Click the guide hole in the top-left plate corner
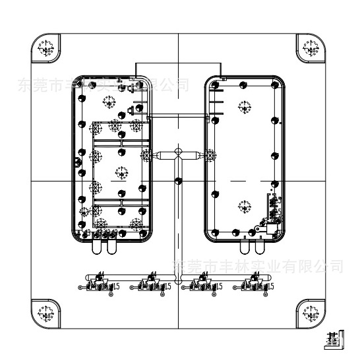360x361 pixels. tap(47, 48)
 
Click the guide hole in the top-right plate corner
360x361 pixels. tap(310, 48)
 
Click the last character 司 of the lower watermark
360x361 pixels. tap(336, 266)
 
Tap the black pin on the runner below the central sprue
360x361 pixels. tap(178, 180)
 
